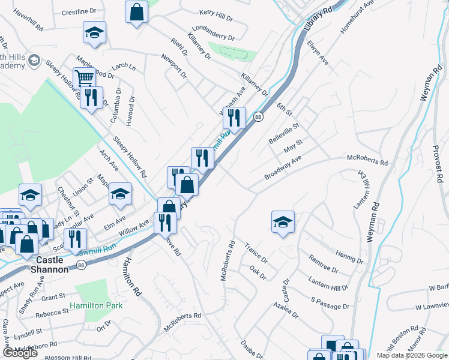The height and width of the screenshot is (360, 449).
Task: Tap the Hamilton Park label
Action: pyautogui.click(x=96, y=305)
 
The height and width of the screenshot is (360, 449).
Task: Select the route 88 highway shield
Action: pyautogui.click(x=258, y=117)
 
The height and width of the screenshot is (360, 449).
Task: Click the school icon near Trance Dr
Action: pyautogui.click(x=283, y=222)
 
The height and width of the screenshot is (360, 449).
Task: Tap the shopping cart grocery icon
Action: pyautogui.click(x=85, y=78)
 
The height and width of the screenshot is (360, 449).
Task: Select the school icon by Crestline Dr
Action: pyautogui.click(x=94, y=32)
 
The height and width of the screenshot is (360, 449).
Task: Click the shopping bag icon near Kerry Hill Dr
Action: pyautogui.click(x=137, y=11)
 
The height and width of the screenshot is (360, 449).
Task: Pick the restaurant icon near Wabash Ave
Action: pyautogui.click(x=234, y=117)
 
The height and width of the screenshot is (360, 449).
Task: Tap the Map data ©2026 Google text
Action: pyautogui.click(x=411, y=355)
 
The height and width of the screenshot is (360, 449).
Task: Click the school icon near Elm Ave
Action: pyautogui.click(x=120, y=193)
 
